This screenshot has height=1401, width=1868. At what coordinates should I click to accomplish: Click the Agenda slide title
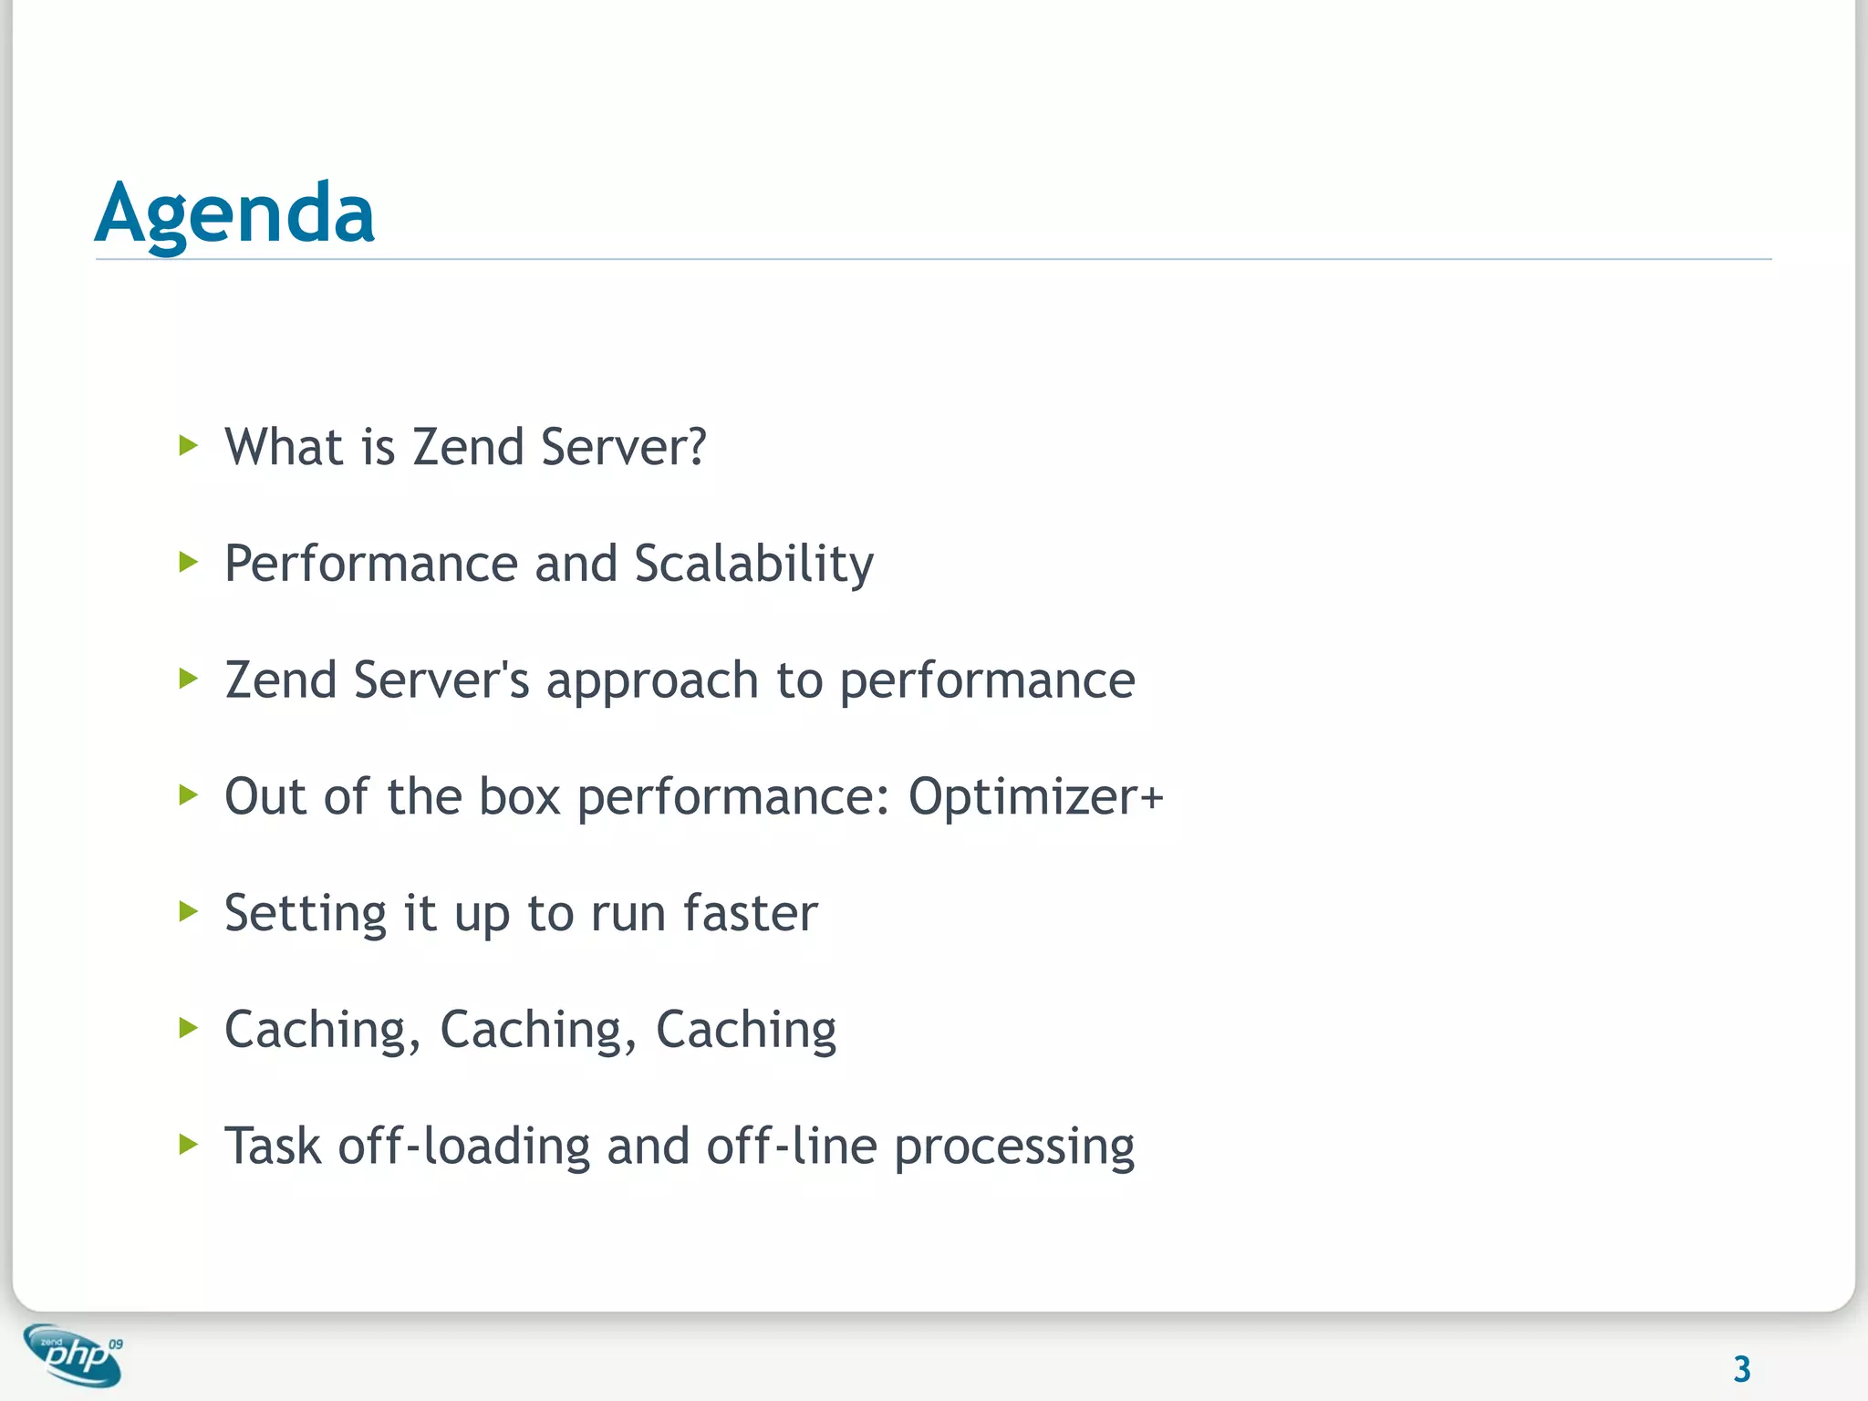pyautogui.click(x=234, y=213)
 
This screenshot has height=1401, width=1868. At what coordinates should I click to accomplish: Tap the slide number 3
pyautogui.click(x=1741, y=1369)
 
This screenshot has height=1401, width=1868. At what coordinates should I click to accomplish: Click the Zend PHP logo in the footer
pyautogui.click(x=73, y=1355)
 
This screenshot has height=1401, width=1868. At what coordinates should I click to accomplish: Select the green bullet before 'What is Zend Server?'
pyautogui.click(x=188, y=446)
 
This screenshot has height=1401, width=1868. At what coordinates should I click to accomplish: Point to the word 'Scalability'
pyautogui.click(x=753, y=564)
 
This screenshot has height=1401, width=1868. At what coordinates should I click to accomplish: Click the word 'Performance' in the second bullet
pyautogui.click(x=371, y=564)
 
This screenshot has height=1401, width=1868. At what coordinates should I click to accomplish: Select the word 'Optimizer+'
pyautogui.click(x=1035, y=797)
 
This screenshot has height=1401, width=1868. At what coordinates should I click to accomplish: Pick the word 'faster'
pyautogui.click(x=750, y=913)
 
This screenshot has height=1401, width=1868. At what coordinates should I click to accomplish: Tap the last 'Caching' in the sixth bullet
pyautogui.click(x=745, y=1031)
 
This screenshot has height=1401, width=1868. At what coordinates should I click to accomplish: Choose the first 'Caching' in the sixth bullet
pyautogui.click(x=316, y=1031)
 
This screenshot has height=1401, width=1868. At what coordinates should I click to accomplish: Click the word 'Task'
pyautogui.click(x=273, y=1147)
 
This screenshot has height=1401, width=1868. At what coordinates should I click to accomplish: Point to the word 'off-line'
pyautogui.click(x=792, y=1147)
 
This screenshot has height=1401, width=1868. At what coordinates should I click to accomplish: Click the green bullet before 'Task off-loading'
pyautogui.click(x=188, y=1144)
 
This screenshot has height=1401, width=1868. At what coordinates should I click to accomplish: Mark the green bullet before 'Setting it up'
pyautogui.click(x=188, y=911)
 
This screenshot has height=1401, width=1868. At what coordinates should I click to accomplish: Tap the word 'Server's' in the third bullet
pyautogui.click(x=441, y=680)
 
